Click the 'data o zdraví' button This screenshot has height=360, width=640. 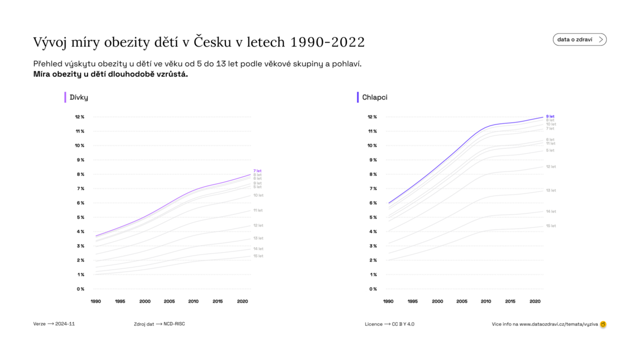point(579,39)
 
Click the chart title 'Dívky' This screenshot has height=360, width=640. point(79,97)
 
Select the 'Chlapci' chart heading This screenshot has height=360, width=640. point(374,97)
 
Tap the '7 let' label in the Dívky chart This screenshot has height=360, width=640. point(257,171)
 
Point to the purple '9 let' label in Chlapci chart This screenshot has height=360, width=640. point(550,116)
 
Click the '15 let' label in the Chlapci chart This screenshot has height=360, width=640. point(550,226)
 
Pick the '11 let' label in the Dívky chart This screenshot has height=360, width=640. point(258,210)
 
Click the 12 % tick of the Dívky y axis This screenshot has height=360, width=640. point(79,117)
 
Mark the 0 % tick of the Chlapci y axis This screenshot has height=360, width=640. point(372,289)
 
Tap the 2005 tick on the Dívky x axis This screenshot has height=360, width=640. point(169,301)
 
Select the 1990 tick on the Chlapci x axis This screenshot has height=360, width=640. point(388,301)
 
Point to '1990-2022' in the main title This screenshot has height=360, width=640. point(327,42)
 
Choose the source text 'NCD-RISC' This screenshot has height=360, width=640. point(174,324)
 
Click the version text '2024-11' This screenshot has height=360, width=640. point(65,324)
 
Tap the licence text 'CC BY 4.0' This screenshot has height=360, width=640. point(403,324)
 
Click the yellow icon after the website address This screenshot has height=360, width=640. point(603,324)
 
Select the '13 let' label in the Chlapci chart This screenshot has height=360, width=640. point(550,190)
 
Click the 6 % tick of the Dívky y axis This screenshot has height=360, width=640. point(80,203)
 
